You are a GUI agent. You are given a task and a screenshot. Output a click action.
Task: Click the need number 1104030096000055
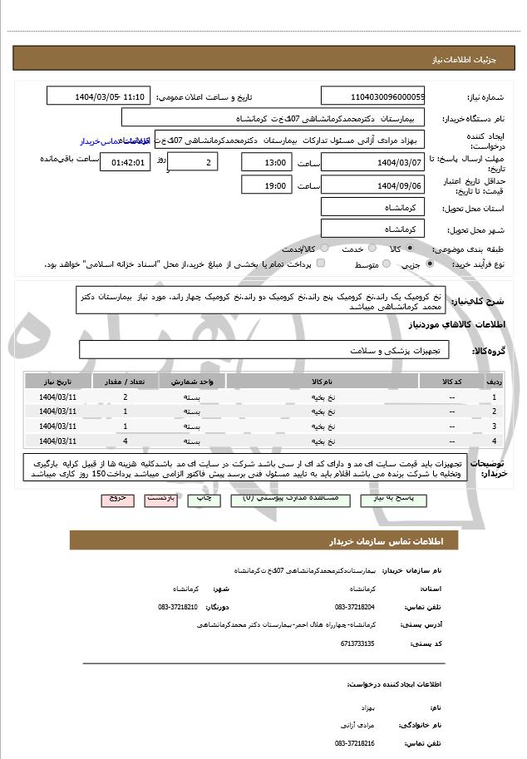[372, 97]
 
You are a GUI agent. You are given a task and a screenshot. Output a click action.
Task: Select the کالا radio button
[407, 249]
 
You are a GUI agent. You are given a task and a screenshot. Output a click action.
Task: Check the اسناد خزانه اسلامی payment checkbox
[321, 264]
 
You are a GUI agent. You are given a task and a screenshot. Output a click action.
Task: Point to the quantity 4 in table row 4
[125, 441]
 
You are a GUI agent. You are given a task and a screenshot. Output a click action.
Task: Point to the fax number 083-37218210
[178, 607]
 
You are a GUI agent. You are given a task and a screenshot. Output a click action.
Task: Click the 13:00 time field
[267, 162]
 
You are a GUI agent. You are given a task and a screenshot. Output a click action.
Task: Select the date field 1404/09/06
[372, 186]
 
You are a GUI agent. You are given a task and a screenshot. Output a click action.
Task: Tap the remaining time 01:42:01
[127, 162]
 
